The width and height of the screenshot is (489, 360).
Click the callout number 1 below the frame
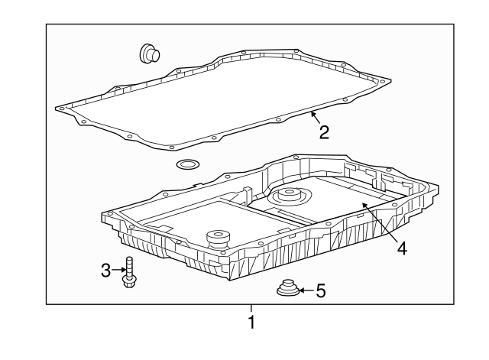point(251,322)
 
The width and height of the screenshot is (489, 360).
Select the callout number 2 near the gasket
point(324,132)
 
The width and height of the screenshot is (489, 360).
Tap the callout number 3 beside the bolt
point(106,270)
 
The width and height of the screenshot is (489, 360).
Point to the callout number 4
point(403,248)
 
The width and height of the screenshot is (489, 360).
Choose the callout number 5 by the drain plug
point(321,290)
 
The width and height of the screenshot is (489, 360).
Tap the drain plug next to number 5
point(288,287)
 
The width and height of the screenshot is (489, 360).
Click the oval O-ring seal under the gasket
point(188,164)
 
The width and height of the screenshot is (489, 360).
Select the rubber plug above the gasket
point(150,54)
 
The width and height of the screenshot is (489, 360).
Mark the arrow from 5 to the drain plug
point(307,290)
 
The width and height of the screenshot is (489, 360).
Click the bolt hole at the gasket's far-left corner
point(61,109)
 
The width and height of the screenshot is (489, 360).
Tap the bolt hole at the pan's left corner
point(109,214)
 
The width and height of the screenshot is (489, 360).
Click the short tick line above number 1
point(251,308)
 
